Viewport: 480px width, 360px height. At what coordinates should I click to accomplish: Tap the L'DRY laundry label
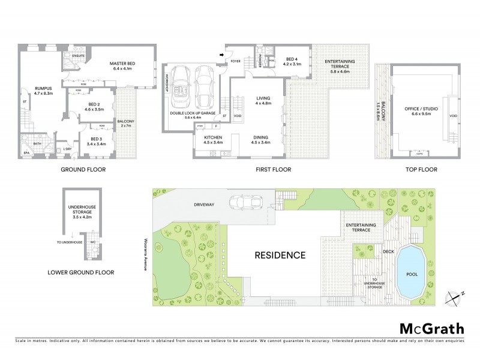pos(68,149)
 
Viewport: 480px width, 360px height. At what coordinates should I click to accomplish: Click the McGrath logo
pos(432,327)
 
